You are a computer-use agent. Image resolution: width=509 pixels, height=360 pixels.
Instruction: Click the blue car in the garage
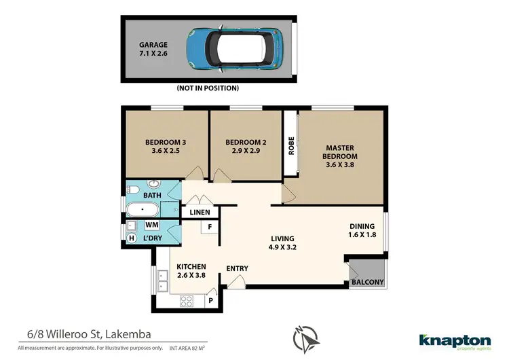coord(234,50)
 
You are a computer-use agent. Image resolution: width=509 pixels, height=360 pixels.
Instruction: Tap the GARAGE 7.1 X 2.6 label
coord(153,50)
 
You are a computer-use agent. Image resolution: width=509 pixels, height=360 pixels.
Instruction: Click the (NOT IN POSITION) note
coord(208,88)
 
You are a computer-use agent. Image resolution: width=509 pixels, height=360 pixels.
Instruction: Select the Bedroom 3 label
coord(166,147)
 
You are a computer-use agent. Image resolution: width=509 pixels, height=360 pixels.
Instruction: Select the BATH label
coord(152,195)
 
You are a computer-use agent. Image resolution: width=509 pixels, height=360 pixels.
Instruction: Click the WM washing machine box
coord(152,224)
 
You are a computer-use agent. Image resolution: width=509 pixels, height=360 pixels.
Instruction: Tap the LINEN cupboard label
coord(200,213)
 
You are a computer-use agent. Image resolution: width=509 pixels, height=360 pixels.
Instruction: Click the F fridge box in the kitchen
coord(210,226)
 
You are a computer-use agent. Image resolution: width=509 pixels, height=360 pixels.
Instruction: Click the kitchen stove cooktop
coord(187,301)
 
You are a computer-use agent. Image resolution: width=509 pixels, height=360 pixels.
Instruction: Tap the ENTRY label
coord(237,268)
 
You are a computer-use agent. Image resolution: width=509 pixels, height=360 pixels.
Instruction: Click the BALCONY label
coord(367,283)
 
